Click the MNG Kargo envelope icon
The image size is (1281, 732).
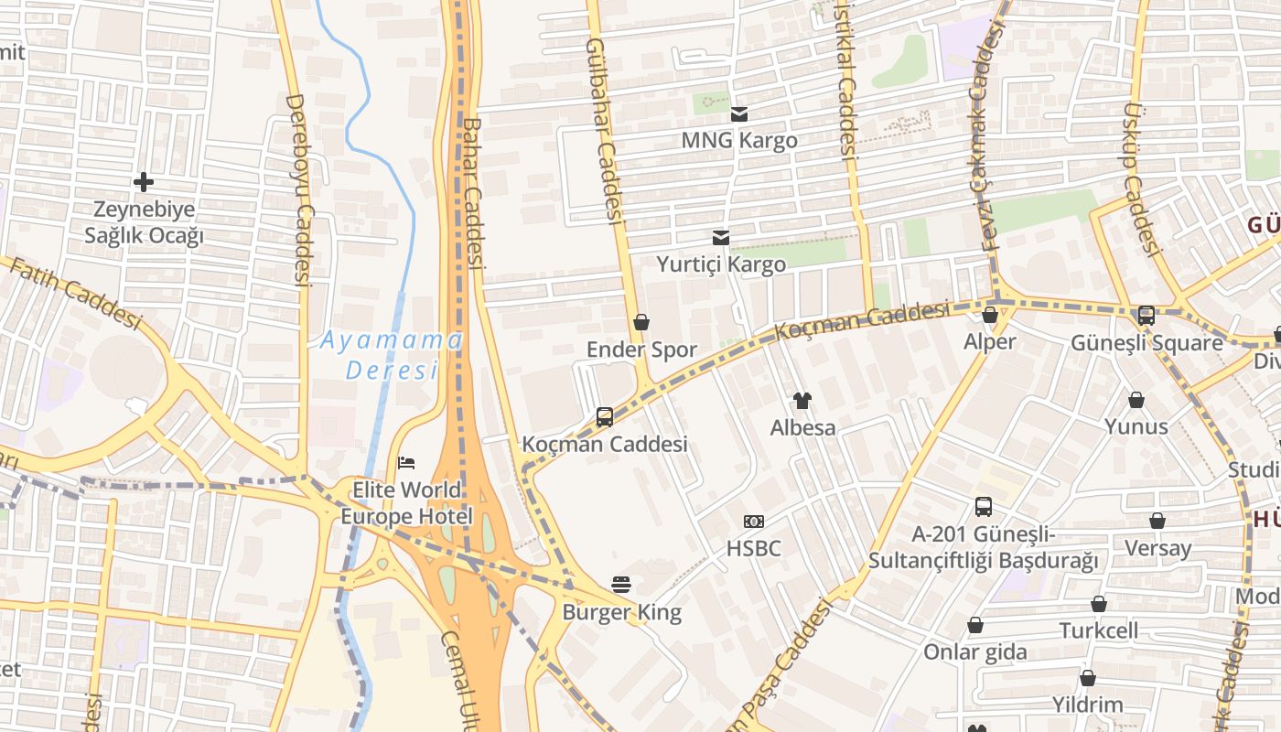[x=739, y=114]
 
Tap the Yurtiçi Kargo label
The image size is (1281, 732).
[x=721, y=264]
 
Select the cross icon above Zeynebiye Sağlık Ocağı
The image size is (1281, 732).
[x=144, y=182]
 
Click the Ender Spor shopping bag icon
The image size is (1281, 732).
[x=641, y=322]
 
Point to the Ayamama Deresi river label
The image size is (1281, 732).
[x=392, y=355]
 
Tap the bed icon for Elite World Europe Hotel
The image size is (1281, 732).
[x=407, y=463]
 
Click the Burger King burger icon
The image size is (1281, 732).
[x=622, y=585]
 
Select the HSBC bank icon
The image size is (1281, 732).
[x=754, y=522]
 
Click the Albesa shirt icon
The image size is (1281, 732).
[x=802, y=400]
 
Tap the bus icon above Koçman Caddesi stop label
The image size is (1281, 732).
[x=605, y=417]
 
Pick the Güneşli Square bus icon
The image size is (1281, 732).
[x=1146, y=316]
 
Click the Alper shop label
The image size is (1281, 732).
[x=990, y=342]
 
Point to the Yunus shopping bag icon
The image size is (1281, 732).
[x=1136, y=400]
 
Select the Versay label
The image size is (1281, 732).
[x=1158, y=548]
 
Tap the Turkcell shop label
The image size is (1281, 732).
[x=1099, y=630]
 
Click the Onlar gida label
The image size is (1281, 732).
[x=975, y=652]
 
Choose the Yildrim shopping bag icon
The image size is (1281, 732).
[x=1088, y=678]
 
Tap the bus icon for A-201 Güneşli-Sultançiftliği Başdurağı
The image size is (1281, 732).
[x=984, y=506]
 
